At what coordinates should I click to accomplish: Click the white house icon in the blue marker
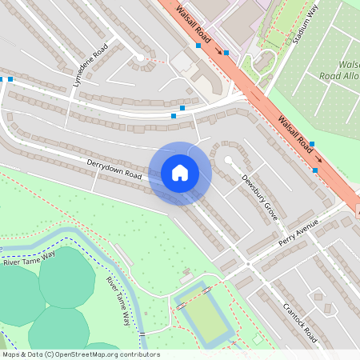coord(180,173)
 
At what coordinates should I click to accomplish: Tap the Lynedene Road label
coord(90,65)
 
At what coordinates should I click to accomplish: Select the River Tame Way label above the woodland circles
coord(30,258)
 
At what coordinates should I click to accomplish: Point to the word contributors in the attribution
coord(137,354)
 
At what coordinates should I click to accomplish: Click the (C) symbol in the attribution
coord(50,354)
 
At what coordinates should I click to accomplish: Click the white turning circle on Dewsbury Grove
coord(228,160)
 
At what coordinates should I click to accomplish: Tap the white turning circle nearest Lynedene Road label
coord(140,57)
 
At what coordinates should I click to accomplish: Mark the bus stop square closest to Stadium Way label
coord(226,53)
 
